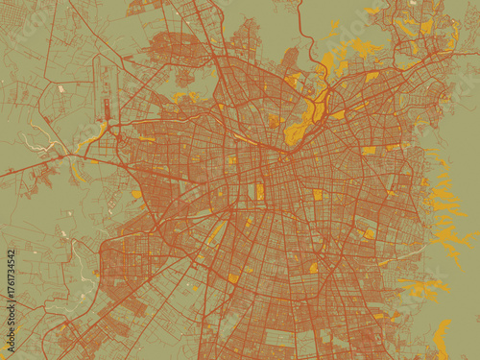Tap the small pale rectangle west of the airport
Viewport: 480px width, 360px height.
60,88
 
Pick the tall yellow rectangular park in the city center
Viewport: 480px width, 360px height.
259,191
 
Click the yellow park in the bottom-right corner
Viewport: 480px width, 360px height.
442,336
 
